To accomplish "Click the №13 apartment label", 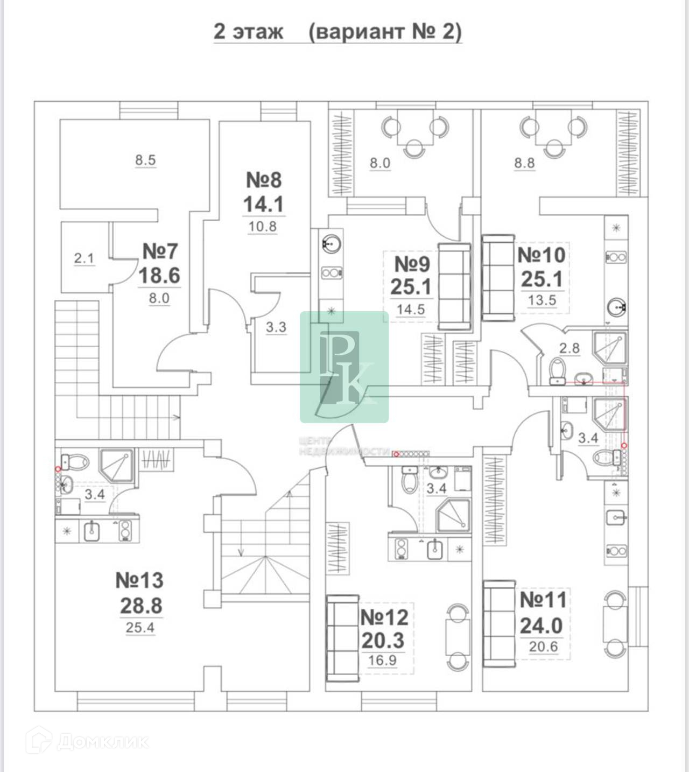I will [x=139, y=580].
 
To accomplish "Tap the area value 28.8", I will [x=141, y=606].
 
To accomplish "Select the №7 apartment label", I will [x=160, y=251].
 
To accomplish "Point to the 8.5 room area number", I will [x=145, y=160].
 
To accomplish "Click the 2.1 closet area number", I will [x=84, y=259].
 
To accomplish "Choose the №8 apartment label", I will [x=264, y=179].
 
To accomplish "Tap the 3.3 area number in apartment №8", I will [x=276, y=327].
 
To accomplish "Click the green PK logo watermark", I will [x=344, y=366].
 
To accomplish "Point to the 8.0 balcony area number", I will [x=379, y=163].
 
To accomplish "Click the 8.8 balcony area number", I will [x=524, y=163].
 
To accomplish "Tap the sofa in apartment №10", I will [x=498, y=276].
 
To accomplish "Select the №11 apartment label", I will [x=543, y=600].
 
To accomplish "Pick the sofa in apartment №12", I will [x=342, y=637].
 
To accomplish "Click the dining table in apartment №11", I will [x=614, y=624].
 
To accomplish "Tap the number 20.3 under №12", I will [x=383, y=641].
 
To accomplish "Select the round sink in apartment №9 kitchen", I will [x=331, y=243].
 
